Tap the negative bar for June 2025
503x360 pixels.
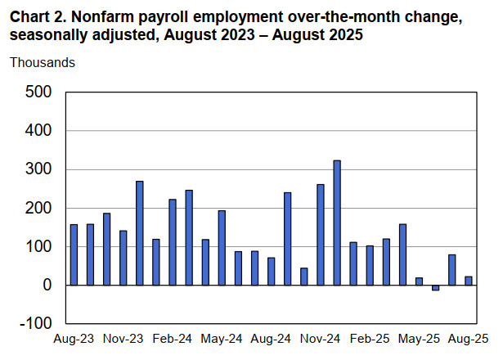pyautogui.click(x=435, y=288)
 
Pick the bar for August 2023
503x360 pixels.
pyautogui.click(x=74, y=254)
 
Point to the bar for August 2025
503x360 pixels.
pyautogui.click(x=468, y=281)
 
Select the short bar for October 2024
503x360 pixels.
pyautogui.click(x=304, y=277)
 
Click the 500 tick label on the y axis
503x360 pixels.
pyautogui.click(x=38, y=92)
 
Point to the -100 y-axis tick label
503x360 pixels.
pyautogui.click(x=35, y=324)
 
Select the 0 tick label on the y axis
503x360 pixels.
pyautogui.click(x=47, y=286)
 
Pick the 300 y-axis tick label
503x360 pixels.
pyautogui.click(x=38, y=169)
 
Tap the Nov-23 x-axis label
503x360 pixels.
pyautogui.click(x=124, y=338)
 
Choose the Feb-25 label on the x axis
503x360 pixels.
pyautogui.click(x=371, y=338)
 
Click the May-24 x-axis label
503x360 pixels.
pyautogui.click(x=222, y=338)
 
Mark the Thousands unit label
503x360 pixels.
pyautogui.click(x=43, y=62)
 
